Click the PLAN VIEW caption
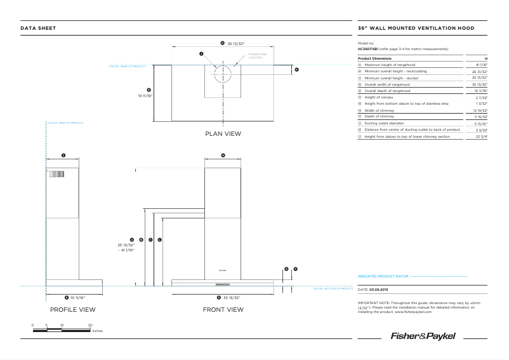click(223, 133)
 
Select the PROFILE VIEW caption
click(73, 310)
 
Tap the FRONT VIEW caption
click(223, 310)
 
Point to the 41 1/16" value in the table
click(480, 65)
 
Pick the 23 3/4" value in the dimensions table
click(480, 137)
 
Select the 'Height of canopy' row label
click(383, 97)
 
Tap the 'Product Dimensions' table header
click(374, 58)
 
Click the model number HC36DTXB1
click(368, 49)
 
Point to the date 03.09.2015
click(380, 289)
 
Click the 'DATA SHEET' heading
click(38, 28)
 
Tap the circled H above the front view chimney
click(223, 155)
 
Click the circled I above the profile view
click(63, 155)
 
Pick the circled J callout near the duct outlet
click(201, 54)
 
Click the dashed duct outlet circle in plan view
click(223, 74)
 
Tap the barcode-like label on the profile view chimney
click(57, 175)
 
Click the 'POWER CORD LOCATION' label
click(258, 57)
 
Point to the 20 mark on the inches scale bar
click(90, 325)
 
